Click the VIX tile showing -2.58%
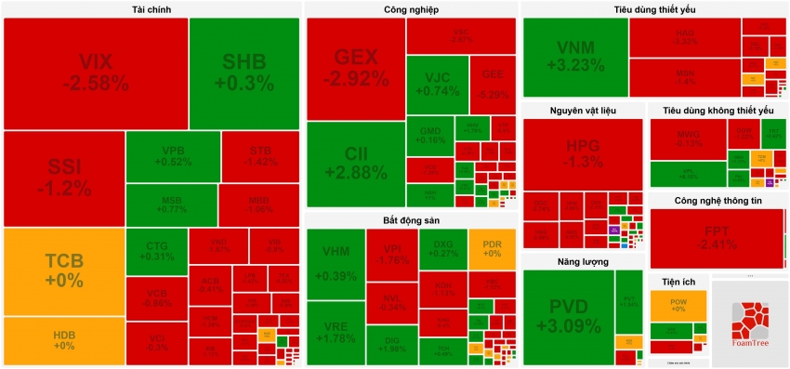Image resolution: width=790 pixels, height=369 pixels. click(x=95, y=72)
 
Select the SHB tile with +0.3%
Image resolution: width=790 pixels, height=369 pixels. click(x=244, y=72)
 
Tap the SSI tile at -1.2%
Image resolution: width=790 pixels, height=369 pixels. click(x=64, y=178)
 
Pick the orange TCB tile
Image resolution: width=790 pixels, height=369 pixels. click(x=64, y=270)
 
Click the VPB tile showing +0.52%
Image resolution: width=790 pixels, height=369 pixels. click(x=172, y=156)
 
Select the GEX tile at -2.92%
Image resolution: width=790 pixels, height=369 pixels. click(x=355, y=68)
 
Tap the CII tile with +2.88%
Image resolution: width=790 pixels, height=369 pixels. click(x=355, y=164)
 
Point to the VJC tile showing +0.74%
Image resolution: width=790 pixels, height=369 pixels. click(x=437, y=84)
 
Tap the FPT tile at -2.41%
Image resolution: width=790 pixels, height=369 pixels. click(x=717, y=237)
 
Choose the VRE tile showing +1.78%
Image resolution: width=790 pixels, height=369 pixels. click(x=336, y=332)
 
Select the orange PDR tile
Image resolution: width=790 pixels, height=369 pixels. click(x=492, y=248)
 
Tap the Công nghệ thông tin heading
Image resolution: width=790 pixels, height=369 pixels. click(x=716, y=200)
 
